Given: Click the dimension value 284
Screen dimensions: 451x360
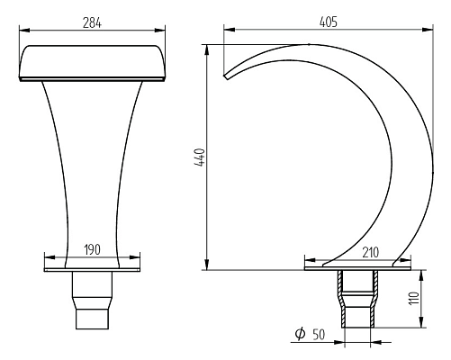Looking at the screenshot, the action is pyautogui.click(x=92, y=23).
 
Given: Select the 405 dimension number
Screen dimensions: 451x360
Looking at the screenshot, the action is pyautogui.click(x=329, y=22).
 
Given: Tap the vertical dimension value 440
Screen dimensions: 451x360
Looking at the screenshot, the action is pyautogui.click(x=200, y=157).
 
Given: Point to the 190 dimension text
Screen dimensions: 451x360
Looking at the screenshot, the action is pyautogui.click(x=92, y=250).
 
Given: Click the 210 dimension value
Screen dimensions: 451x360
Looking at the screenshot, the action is pyautogui.click(x=370, y=253).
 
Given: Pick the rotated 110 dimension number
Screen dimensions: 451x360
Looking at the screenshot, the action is pyautogui.click(x=414, y=298).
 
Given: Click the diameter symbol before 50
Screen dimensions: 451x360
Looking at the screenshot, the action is pyautogui.click(x=300, y=333).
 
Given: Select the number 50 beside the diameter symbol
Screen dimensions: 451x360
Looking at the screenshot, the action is pyautogui.click(x=319, y=335).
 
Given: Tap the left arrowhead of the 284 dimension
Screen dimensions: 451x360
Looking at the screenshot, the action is pyautogui.click(x=24, y=31).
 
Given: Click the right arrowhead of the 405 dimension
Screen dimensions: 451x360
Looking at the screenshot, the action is pyautogui.click(x=428, y=30).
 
